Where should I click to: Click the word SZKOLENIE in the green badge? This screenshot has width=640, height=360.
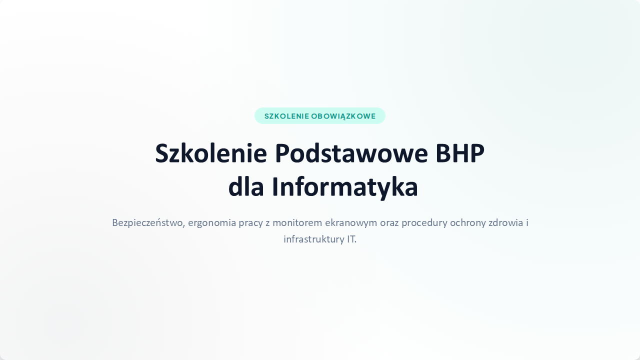click(x=286, y=116)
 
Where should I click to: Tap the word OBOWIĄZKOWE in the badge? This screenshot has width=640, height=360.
click(x=343, y=116)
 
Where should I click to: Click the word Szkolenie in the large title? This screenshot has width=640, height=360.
click(x=211, y=153)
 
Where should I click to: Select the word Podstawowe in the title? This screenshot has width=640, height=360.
click(x=351, y=153)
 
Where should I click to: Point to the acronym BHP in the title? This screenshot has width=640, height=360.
click(x=460, y=153)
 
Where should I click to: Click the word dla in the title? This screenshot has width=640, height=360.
click(x=245, y=187)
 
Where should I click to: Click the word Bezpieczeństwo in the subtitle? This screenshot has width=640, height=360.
click(x=148, y=223)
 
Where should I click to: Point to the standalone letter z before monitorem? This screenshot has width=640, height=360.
click(x=267, y=223)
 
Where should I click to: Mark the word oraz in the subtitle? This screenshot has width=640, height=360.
click(x=389, y=223)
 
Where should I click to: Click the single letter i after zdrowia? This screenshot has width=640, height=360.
click(x=527, y=222)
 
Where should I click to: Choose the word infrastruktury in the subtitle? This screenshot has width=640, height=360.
click(x=314, y=239)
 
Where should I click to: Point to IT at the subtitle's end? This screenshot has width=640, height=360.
click(x=351, y=239)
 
